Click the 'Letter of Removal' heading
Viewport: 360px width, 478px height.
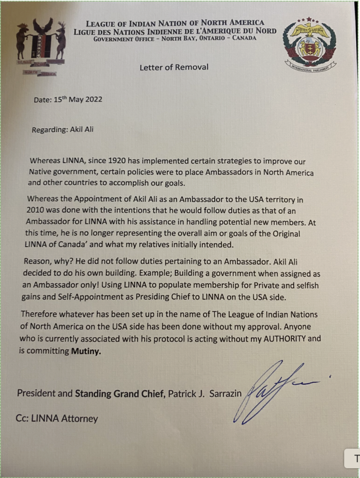tap(174, 67)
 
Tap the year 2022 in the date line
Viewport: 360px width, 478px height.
tap(93, 99)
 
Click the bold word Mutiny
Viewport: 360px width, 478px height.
tap(85, 351)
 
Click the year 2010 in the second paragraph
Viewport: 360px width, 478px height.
tap(37, 210)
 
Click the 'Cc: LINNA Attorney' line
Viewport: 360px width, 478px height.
tap(56, 419)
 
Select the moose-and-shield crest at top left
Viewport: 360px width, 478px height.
tap(41, 47)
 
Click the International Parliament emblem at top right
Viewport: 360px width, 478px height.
tap(310, 45)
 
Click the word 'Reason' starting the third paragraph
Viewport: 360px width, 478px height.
tap(35, 263)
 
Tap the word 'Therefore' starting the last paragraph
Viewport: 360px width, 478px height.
tap(39, 316)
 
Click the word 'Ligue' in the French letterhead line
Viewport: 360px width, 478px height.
tap(84, 31)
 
